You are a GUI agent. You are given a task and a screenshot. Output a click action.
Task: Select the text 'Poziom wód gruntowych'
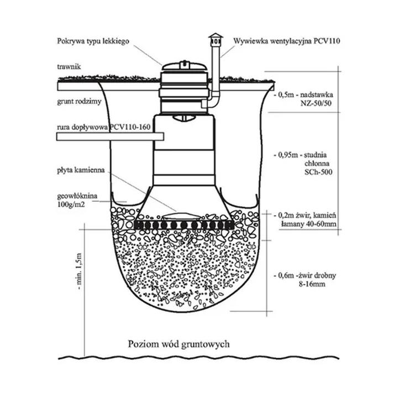coord(178,343)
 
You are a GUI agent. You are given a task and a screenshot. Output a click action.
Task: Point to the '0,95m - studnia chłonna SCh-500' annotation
coord(303,164)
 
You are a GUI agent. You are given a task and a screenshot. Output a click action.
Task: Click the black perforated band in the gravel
coord(182,226)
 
